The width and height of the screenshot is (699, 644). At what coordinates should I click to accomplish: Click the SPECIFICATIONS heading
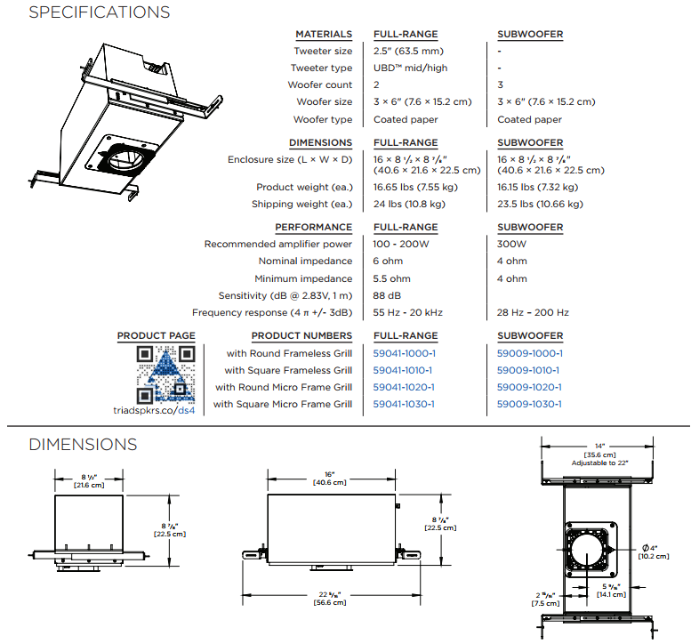(99, 12)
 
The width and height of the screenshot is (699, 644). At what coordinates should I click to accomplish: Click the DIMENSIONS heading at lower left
(83, 444)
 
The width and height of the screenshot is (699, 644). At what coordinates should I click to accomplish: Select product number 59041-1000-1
(404, 353)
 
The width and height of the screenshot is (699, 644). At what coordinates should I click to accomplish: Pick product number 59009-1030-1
(529, 404)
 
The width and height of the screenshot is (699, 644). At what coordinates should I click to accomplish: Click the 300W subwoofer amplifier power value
(512, 244)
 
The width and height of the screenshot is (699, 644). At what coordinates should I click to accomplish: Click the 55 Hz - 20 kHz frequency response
(408, 312)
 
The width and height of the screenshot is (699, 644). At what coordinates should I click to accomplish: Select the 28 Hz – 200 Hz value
(533, 312)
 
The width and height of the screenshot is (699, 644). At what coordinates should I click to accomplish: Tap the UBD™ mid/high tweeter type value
(411, 68)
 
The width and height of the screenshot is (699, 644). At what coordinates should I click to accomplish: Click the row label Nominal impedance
(305, 261)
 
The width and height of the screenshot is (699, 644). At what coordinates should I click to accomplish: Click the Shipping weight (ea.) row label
(302, 204)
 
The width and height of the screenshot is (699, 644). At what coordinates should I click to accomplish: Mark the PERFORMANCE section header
(313, 227)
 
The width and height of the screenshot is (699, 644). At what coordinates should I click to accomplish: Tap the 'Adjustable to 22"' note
(600, 463)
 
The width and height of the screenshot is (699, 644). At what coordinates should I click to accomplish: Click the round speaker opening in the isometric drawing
(125, 160)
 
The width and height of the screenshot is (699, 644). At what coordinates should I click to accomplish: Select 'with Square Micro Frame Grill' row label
(283, 404)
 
